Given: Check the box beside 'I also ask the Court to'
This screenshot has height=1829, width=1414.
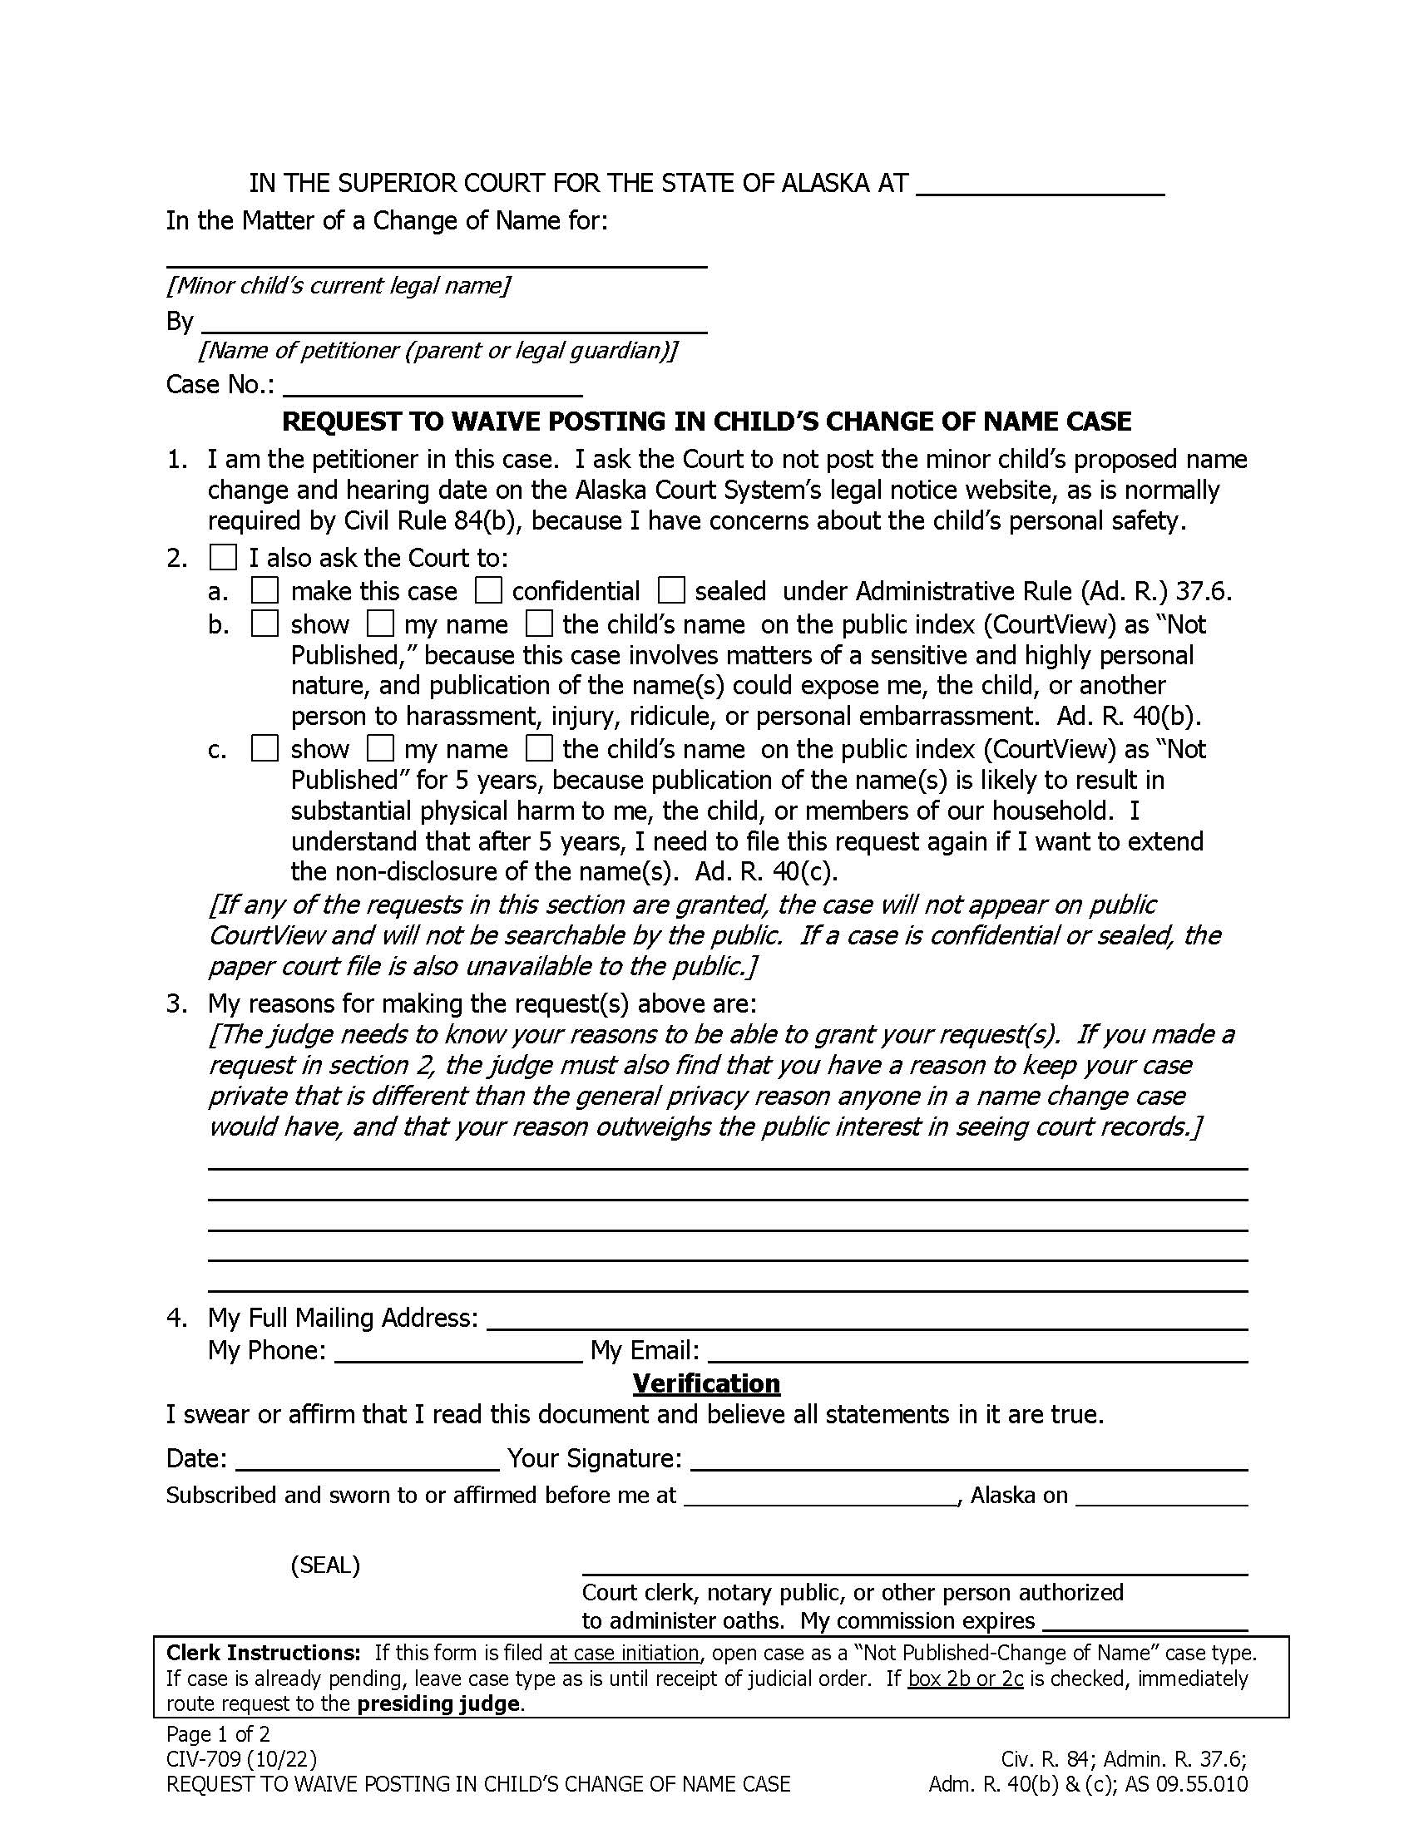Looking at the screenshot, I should coord(223,558).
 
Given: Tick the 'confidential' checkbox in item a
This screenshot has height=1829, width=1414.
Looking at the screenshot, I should coord(487,591).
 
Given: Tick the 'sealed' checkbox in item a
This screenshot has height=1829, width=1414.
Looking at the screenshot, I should coord(670,591).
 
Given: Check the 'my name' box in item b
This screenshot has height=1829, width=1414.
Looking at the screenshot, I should coord(380,624).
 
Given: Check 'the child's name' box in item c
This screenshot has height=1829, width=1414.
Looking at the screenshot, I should coord(539,748).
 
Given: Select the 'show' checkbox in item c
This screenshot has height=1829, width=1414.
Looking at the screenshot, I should coord(265,748).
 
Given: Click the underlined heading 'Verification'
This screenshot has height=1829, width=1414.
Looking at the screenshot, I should coord(706,1383).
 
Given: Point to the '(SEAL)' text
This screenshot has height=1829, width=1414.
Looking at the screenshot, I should coord(325,1565).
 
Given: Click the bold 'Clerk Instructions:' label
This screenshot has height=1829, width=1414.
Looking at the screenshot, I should coord(263,1653).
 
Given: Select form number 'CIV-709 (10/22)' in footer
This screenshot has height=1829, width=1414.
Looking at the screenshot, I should coord(241,1759).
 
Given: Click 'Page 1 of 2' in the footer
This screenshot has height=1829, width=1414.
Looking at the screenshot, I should coord(218,1734).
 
